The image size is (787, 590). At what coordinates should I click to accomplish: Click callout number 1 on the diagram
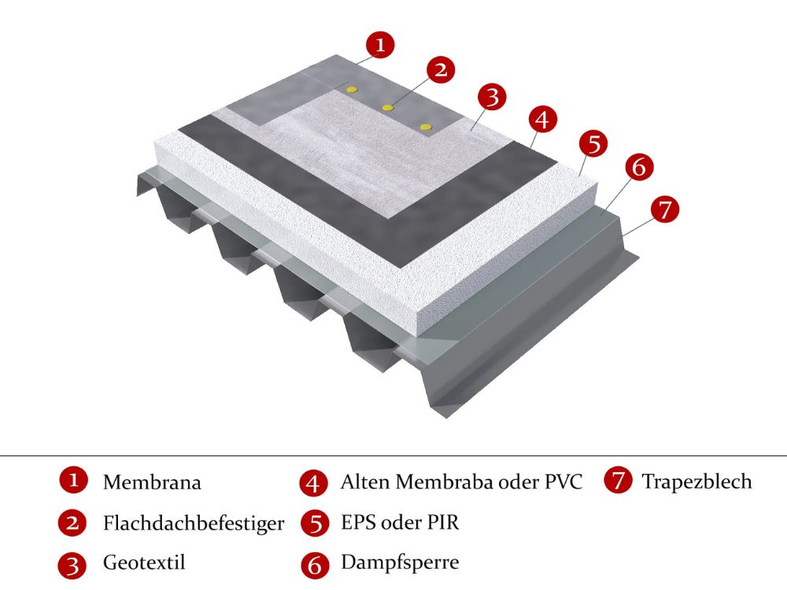(x=380, y=44)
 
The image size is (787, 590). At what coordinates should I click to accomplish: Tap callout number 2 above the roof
(x=440, y=69)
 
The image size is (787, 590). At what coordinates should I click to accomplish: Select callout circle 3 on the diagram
(x=492, y=96)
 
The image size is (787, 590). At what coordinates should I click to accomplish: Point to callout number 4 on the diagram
(x=542, y=120)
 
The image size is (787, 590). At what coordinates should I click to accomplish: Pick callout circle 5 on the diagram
(x=593, y=143)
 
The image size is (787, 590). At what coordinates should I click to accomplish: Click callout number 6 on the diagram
(x=639, y=167)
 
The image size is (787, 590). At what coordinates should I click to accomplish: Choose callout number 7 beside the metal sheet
(x=664, y=208)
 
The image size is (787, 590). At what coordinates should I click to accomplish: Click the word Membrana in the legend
(x=152, y=482)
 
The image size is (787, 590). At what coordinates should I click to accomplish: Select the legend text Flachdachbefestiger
(x=194, y=523)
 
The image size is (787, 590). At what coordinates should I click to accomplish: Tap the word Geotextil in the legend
(x=144, y=562)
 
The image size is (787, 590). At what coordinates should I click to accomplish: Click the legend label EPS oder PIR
(x=400, y=522)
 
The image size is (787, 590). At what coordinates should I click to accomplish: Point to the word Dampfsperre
(x=400, y=562)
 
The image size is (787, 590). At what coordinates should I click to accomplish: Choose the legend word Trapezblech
(x=697, y=481)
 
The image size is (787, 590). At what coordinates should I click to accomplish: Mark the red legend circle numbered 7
(x=618, y=480)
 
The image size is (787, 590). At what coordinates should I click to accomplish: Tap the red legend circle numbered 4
(x=314, y=483)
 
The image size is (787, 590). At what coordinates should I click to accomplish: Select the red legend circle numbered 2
(x=72, y=523)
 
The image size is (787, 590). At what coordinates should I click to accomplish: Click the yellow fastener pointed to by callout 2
(x=387, y=107)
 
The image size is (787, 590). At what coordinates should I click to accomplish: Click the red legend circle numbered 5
(x=316, y=523)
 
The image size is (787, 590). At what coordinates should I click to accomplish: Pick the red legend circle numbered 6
(x=316, y=564)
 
